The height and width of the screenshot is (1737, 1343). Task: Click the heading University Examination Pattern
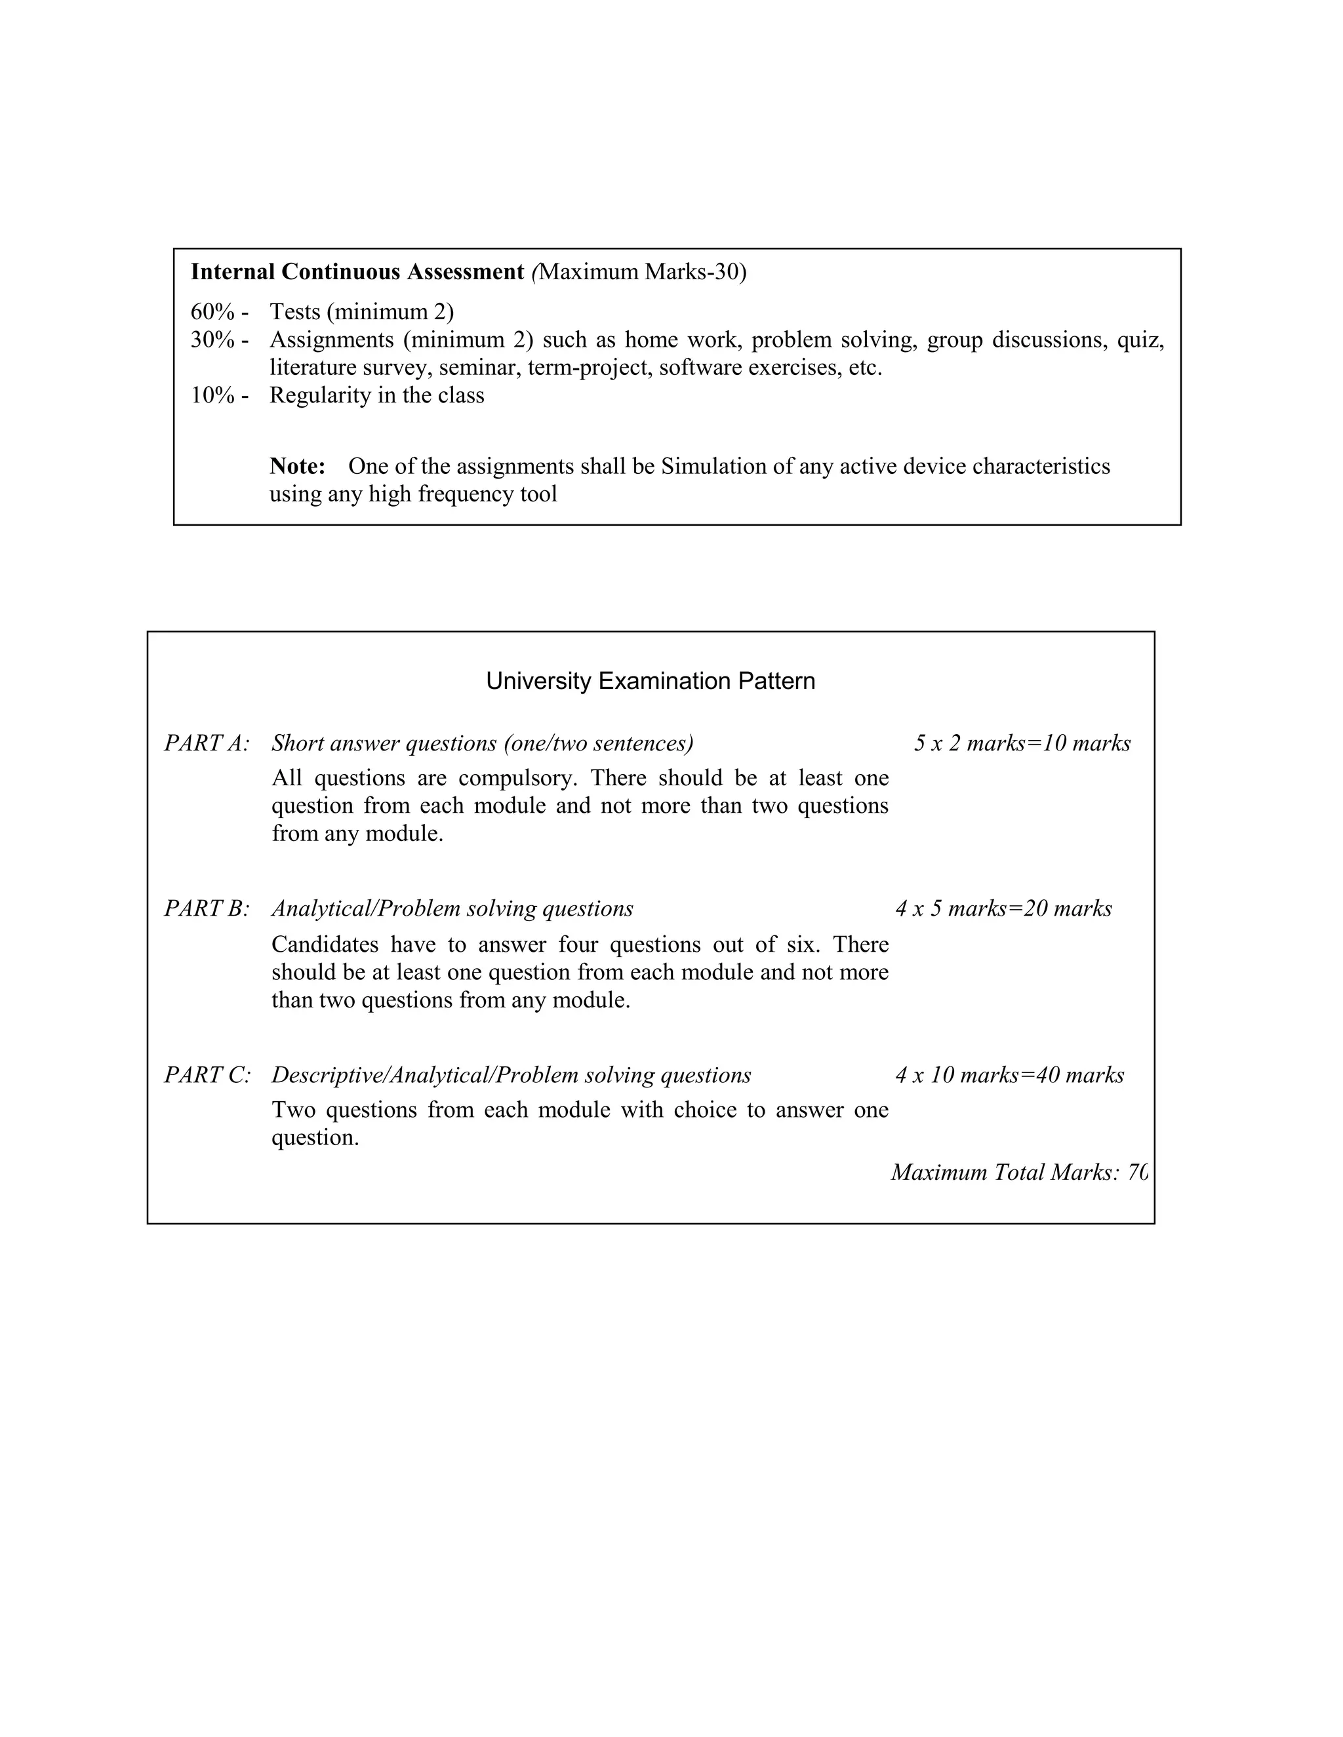coord(650,681)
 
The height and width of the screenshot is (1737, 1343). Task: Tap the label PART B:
coord(207,908)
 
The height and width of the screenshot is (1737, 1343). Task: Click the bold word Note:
coord(298,466)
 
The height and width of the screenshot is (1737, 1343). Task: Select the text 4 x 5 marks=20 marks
coord(1003,908)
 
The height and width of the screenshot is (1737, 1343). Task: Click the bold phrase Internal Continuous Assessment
coord(357,272)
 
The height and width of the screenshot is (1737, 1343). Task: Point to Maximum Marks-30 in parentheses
coord(641,272)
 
